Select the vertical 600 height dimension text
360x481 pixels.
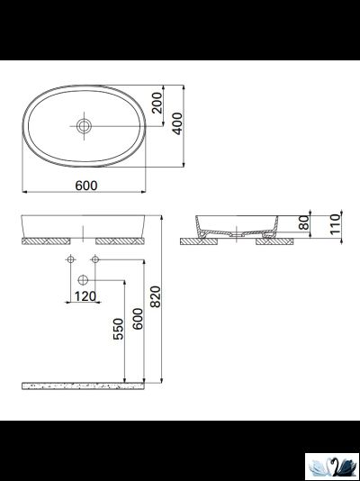pos(137,320)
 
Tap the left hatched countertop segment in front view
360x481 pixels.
pos(47,241)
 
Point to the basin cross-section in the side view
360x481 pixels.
pos(237,225)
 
